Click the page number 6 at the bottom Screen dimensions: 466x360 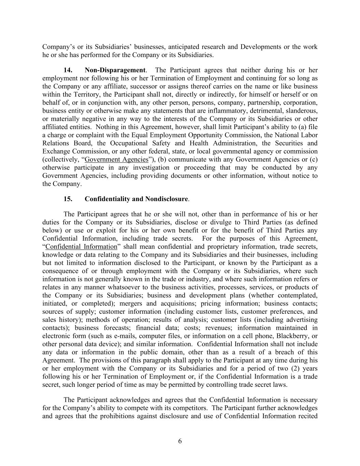(x=180, y=441)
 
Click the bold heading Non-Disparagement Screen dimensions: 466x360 (x=115, y=70)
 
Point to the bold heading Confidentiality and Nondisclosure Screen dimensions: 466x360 (x=136, y=199)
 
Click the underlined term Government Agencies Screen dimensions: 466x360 (x=116, y=159)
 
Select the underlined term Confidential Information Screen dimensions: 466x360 (x=81, y=246)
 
